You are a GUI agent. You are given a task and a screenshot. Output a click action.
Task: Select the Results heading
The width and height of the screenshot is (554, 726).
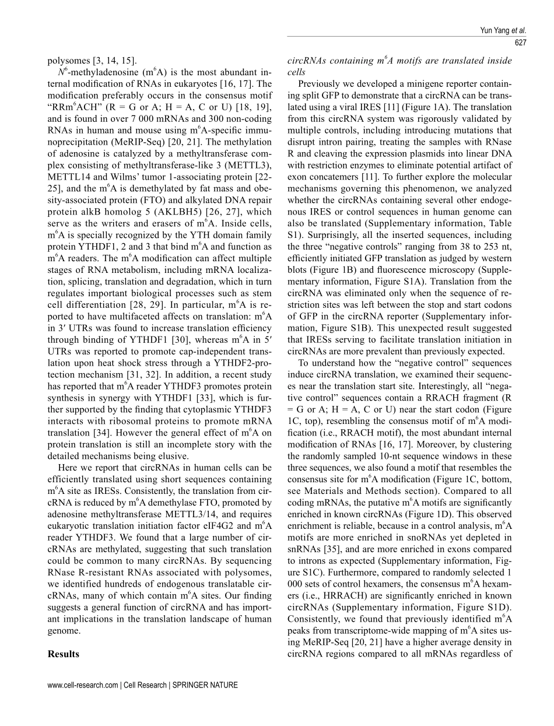tap(63, 654)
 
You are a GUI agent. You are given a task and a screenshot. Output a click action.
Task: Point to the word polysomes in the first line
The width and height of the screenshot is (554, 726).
tap(66, 60)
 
